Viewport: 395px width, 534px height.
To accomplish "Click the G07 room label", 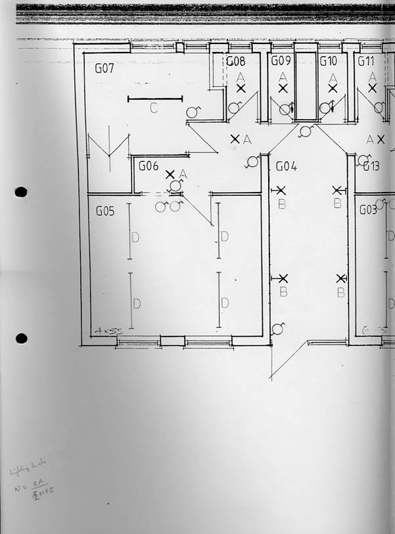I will (x=105, y=68).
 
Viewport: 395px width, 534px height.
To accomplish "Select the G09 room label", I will (x=281, y=61).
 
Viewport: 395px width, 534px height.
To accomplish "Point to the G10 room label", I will (x=329, y=61).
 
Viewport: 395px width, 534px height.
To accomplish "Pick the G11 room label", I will (x=365, y=61).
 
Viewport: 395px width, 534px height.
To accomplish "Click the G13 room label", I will (x=371, y=166).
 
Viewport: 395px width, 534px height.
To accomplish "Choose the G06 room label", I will (x=148, y=166).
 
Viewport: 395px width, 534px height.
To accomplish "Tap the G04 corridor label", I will (x=286, y=167).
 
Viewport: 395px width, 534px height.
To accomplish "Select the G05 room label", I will (x=105, y=211).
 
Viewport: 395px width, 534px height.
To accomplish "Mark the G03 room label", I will (x=368, y=210).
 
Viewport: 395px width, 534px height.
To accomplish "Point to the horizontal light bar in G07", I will (x=154, y=99).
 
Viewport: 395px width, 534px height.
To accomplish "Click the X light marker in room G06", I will (x=170, y=174).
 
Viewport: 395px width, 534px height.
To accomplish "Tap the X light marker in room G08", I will (x=241, y=87).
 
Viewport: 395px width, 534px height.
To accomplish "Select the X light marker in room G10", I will (x=333, y=87).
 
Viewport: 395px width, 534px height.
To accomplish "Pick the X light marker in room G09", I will (x=283, y=87).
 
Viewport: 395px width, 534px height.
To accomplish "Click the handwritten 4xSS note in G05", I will (x=105, y=332).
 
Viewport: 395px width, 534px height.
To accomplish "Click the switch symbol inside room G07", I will (x=192, y=112).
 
